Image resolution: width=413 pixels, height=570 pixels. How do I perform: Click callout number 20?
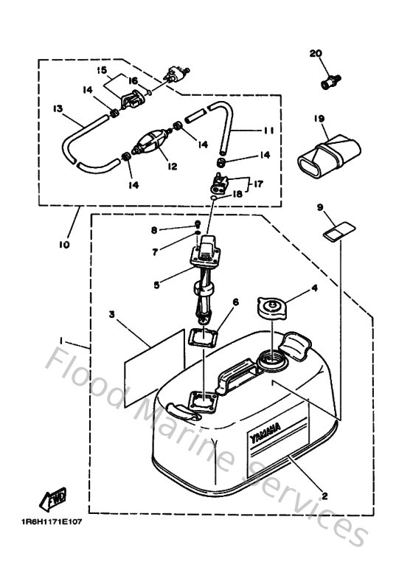tap(316, 53)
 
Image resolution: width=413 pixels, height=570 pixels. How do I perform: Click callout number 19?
tap(319, 118)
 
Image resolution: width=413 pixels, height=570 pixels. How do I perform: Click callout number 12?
tap(171, 167)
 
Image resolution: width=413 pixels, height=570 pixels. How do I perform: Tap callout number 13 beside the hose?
tap(57, 108)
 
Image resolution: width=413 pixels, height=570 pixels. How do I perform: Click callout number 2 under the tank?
tap(325, 497)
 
